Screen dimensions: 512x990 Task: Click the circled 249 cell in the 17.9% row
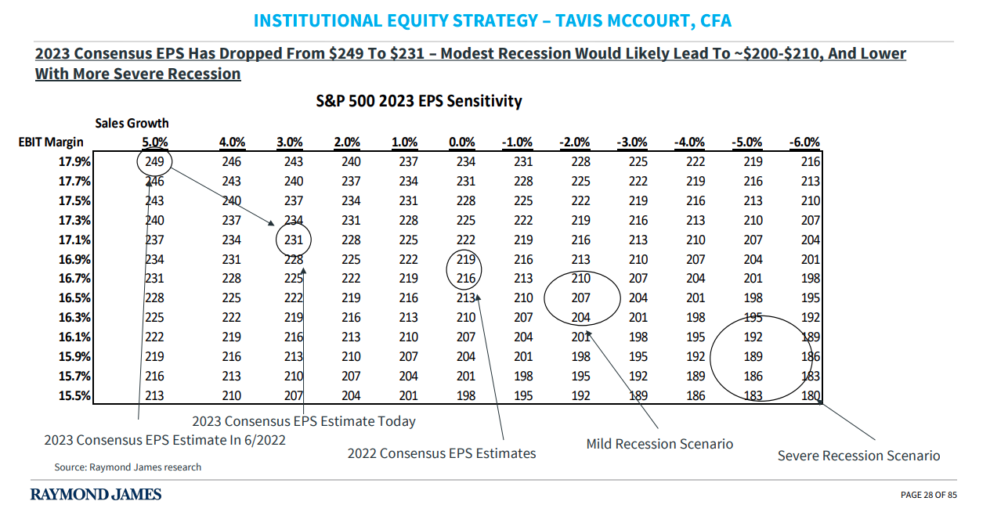click(x=154, y=162)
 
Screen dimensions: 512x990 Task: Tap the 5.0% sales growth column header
click(x=154, y=142)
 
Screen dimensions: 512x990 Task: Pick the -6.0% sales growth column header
click(x=804, y=142)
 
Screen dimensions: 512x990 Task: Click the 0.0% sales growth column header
click(x=462, y=142)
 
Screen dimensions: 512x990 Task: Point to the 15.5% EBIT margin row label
click(x=75, y=395)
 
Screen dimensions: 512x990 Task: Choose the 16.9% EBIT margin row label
click(x=75, y=259)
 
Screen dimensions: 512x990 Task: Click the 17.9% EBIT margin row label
click(x=75, y=162)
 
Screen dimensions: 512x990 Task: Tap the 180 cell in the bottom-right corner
click(x=810, y=395)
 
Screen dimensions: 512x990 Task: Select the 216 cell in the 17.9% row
click(x=810, y=162)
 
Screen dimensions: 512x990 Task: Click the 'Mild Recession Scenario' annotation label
click(x=659, y=444)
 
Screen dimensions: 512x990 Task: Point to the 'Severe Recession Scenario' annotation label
click(x=858, y=456)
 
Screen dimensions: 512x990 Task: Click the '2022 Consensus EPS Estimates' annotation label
click(x=442, y=453)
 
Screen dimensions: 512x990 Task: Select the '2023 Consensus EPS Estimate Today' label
click(x=304, y=421)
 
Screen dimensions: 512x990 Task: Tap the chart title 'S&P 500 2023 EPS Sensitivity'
click(x=419, y=101)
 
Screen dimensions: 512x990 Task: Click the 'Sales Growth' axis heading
click(x=132, y=123)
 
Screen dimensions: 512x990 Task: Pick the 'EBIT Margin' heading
click(x=51, y=142)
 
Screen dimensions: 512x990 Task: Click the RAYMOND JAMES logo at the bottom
click(x=96, y=494)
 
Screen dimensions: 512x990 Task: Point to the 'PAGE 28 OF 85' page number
click(x=929, y=495)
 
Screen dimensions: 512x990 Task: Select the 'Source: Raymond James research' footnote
click(x=128, y=467)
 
